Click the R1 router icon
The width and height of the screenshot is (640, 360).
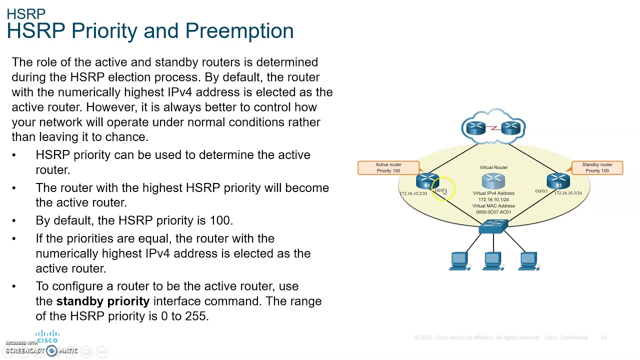coord(427,181)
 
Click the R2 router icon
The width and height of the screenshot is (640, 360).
coord(558,181)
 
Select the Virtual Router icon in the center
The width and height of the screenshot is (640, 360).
coord(493,180)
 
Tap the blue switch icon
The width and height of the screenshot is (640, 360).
coord(493,226)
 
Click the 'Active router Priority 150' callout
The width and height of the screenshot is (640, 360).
coord(388,167)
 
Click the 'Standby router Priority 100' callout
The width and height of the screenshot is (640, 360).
coord(597,167)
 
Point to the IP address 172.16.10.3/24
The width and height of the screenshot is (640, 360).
coord(567,193)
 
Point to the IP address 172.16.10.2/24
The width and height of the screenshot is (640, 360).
coord(413,193)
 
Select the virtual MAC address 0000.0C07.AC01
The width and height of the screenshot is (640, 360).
coord(493,212)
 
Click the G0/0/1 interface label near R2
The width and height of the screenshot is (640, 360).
coord(541,191)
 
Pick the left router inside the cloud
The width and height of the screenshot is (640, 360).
coord(475,128)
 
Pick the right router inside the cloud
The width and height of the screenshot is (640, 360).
coord(511,128)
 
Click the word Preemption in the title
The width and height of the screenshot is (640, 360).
coord(239,31)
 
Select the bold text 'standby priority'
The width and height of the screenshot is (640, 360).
coord(102,301)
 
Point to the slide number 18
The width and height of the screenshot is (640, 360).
coord(604,338)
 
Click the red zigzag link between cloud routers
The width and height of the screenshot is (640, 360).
coord(493,128)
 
